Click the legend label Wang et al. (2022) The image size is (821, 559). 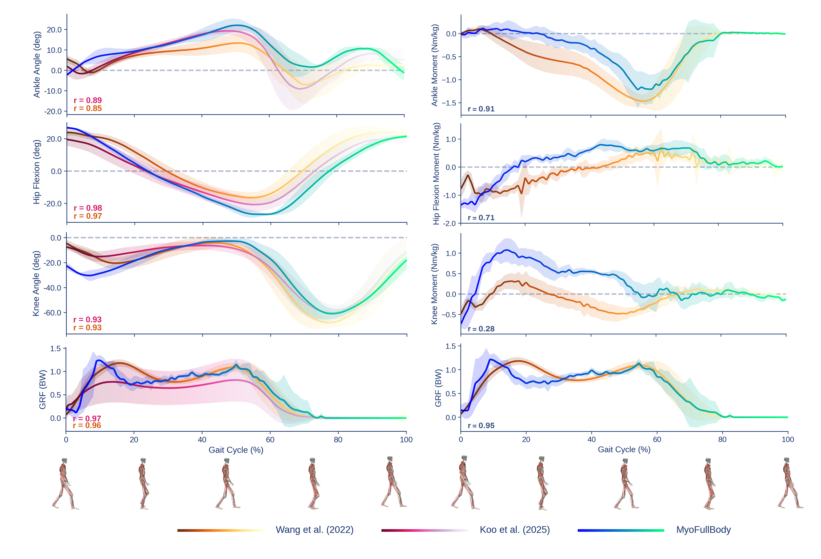click(x=314, y=530)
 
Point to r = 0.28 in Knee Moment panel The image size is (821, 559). click(x=481, y=329)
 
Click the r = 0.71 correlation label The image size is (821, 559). click(x=481, y=218)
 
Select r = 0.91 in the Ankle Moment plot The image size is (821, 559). click(x=481, y=109)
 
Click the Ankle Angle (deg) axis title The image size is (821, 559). click(x=37, y=64)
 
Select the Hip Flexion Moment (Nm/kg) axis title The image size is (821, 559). click(x=436, y=173)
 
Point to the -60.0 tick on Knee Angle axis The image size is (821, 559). click(x=52, y=313)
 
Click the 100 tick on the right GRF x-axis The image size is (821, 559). click(x=788, y=440)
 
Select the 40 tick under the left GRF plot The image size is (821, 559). click(x=202, y=440)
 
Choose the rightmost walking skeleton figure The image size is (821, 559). click(x=790, y=484)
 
